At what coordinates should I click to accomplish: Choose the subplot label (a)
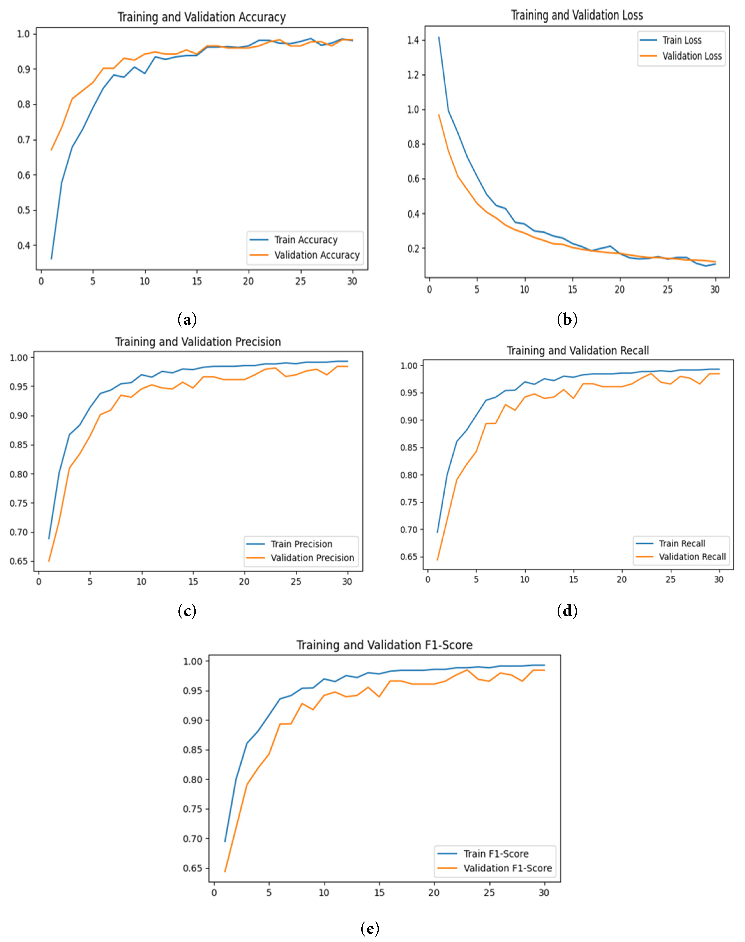click(x=187, y=320)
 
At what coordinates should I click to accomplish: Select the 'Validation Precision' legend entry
click(x=312, y=558)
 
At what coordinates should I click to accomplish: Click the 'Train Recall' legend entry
click(x=681, y=543)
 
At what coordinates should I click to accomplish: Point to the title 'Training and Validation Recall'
click(x=577, y=350)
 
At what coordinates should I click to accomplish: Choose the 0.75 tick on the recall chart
click(x=409, y=502)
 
